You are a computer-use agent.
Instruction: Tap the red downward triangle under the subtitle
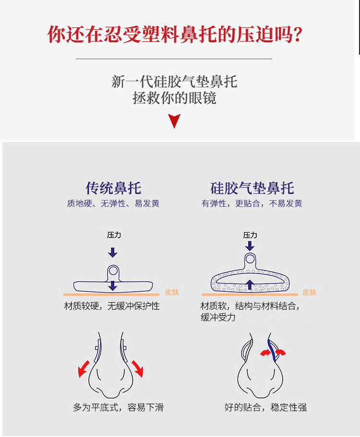175,120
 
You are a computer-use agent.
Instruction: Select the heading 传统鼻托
113,188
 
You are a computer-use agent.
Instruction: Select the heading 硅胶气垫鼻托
252,188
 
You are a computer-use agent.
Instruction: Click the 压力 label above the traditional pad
113,235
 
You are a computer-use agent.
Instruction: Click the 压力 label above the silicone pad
250,235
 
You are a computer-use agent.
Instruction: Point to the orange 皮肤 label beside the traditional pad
171,292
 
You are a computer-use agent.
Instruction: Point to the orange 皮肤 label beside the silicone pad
310,292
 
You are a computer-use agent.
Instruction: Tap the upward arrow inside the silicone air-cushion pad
250,284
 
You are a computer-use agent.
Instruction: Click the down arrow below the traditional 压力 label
113,252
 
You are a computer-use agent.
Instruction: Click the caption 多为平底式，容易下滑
118,408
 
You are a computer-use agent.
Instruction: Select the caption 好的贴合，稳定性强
265,408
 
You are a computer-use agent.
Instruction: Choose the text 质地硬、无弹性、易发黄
113,204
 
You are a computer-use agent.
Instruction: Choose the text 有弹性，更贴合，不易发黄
252,204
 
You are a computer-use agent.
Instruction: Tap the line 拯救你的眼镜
175,98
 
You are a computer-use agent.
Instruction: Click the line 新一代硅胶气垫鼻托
175,81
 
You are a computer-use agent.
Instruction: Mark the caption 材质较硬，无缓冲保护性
112,306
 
